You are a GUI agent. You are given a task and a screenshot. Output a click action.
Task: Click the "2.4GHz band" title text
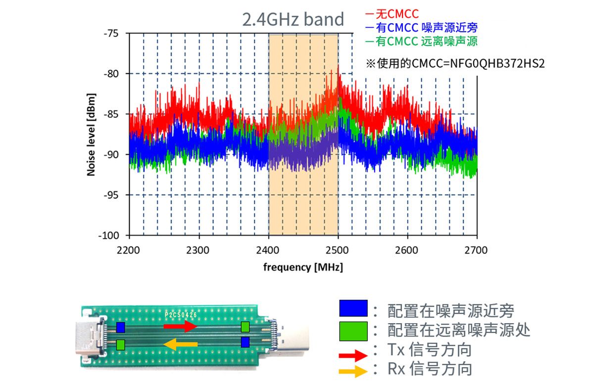[x=293, y=19]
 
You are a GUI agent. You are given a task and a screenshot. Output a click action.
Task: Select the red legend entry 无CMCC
[x=392, y=14]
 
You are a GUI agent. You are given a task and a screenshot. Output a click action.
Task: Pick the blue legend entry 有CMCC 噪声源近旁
[x=421, y=28]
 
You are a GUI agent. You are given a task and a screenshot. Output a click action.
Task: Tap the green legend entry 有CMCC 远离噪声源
[x=421, y=42]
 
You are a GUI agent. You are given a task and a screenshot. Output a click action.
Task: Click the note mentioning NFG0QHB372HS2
[x=455, y=64]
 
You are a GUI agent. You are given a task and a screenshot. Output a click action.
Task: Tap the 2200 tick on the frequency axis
[x=129, y=250]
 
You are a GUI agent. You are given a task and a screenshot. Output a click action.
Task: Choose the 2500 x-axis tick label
[x=338, y=250]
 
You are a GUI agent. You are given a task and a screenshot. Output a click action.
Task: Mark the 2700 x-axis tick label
[x=477, y=250]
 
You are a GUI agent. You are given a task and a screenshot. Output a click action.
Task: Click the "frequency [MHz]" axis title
[x=303, y=268]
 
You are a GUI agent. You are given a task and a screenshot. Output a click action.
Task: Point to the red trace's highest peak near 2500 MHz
[x=339, y=66]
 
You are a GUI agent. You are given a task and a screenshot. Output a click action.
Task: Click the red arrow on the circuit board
[x=180, y=326]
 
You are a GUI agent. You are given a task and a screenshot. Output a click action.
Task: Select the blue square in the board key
[x=353, y=308]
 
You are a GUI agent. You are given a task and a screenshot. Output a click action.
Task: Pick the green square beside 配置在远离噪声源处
[x=353, y=331]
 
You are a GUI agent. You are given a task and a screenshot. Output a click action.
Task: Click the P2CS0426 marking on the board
[x=181, y=314]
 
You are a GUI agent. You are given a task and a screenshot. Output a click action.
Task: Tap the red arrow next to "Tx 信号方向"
[x=353, y=355]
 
